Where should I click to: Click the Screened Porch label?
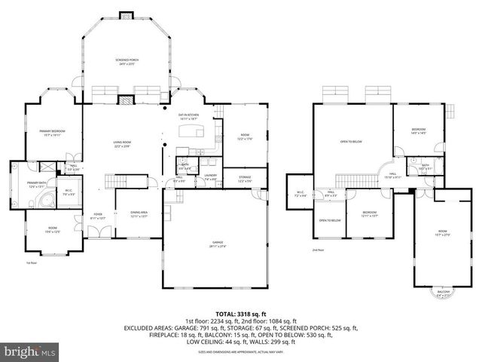[x=127, y=61]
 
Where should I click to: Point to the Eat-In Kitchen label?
[x=188, y=117]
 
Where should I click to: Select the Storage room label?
[x=245, y=179]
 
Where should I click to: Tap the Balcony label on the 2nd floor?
[x=444, y=294]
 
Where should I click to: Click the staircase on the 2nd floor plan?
[x=349, y=179]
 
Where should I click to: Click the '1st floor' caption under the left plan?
[x=32, y=263]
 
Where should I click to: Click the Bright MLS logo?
[x=30, y=351]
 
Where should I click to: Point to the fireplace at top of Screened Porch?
[x=127, y=14]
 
